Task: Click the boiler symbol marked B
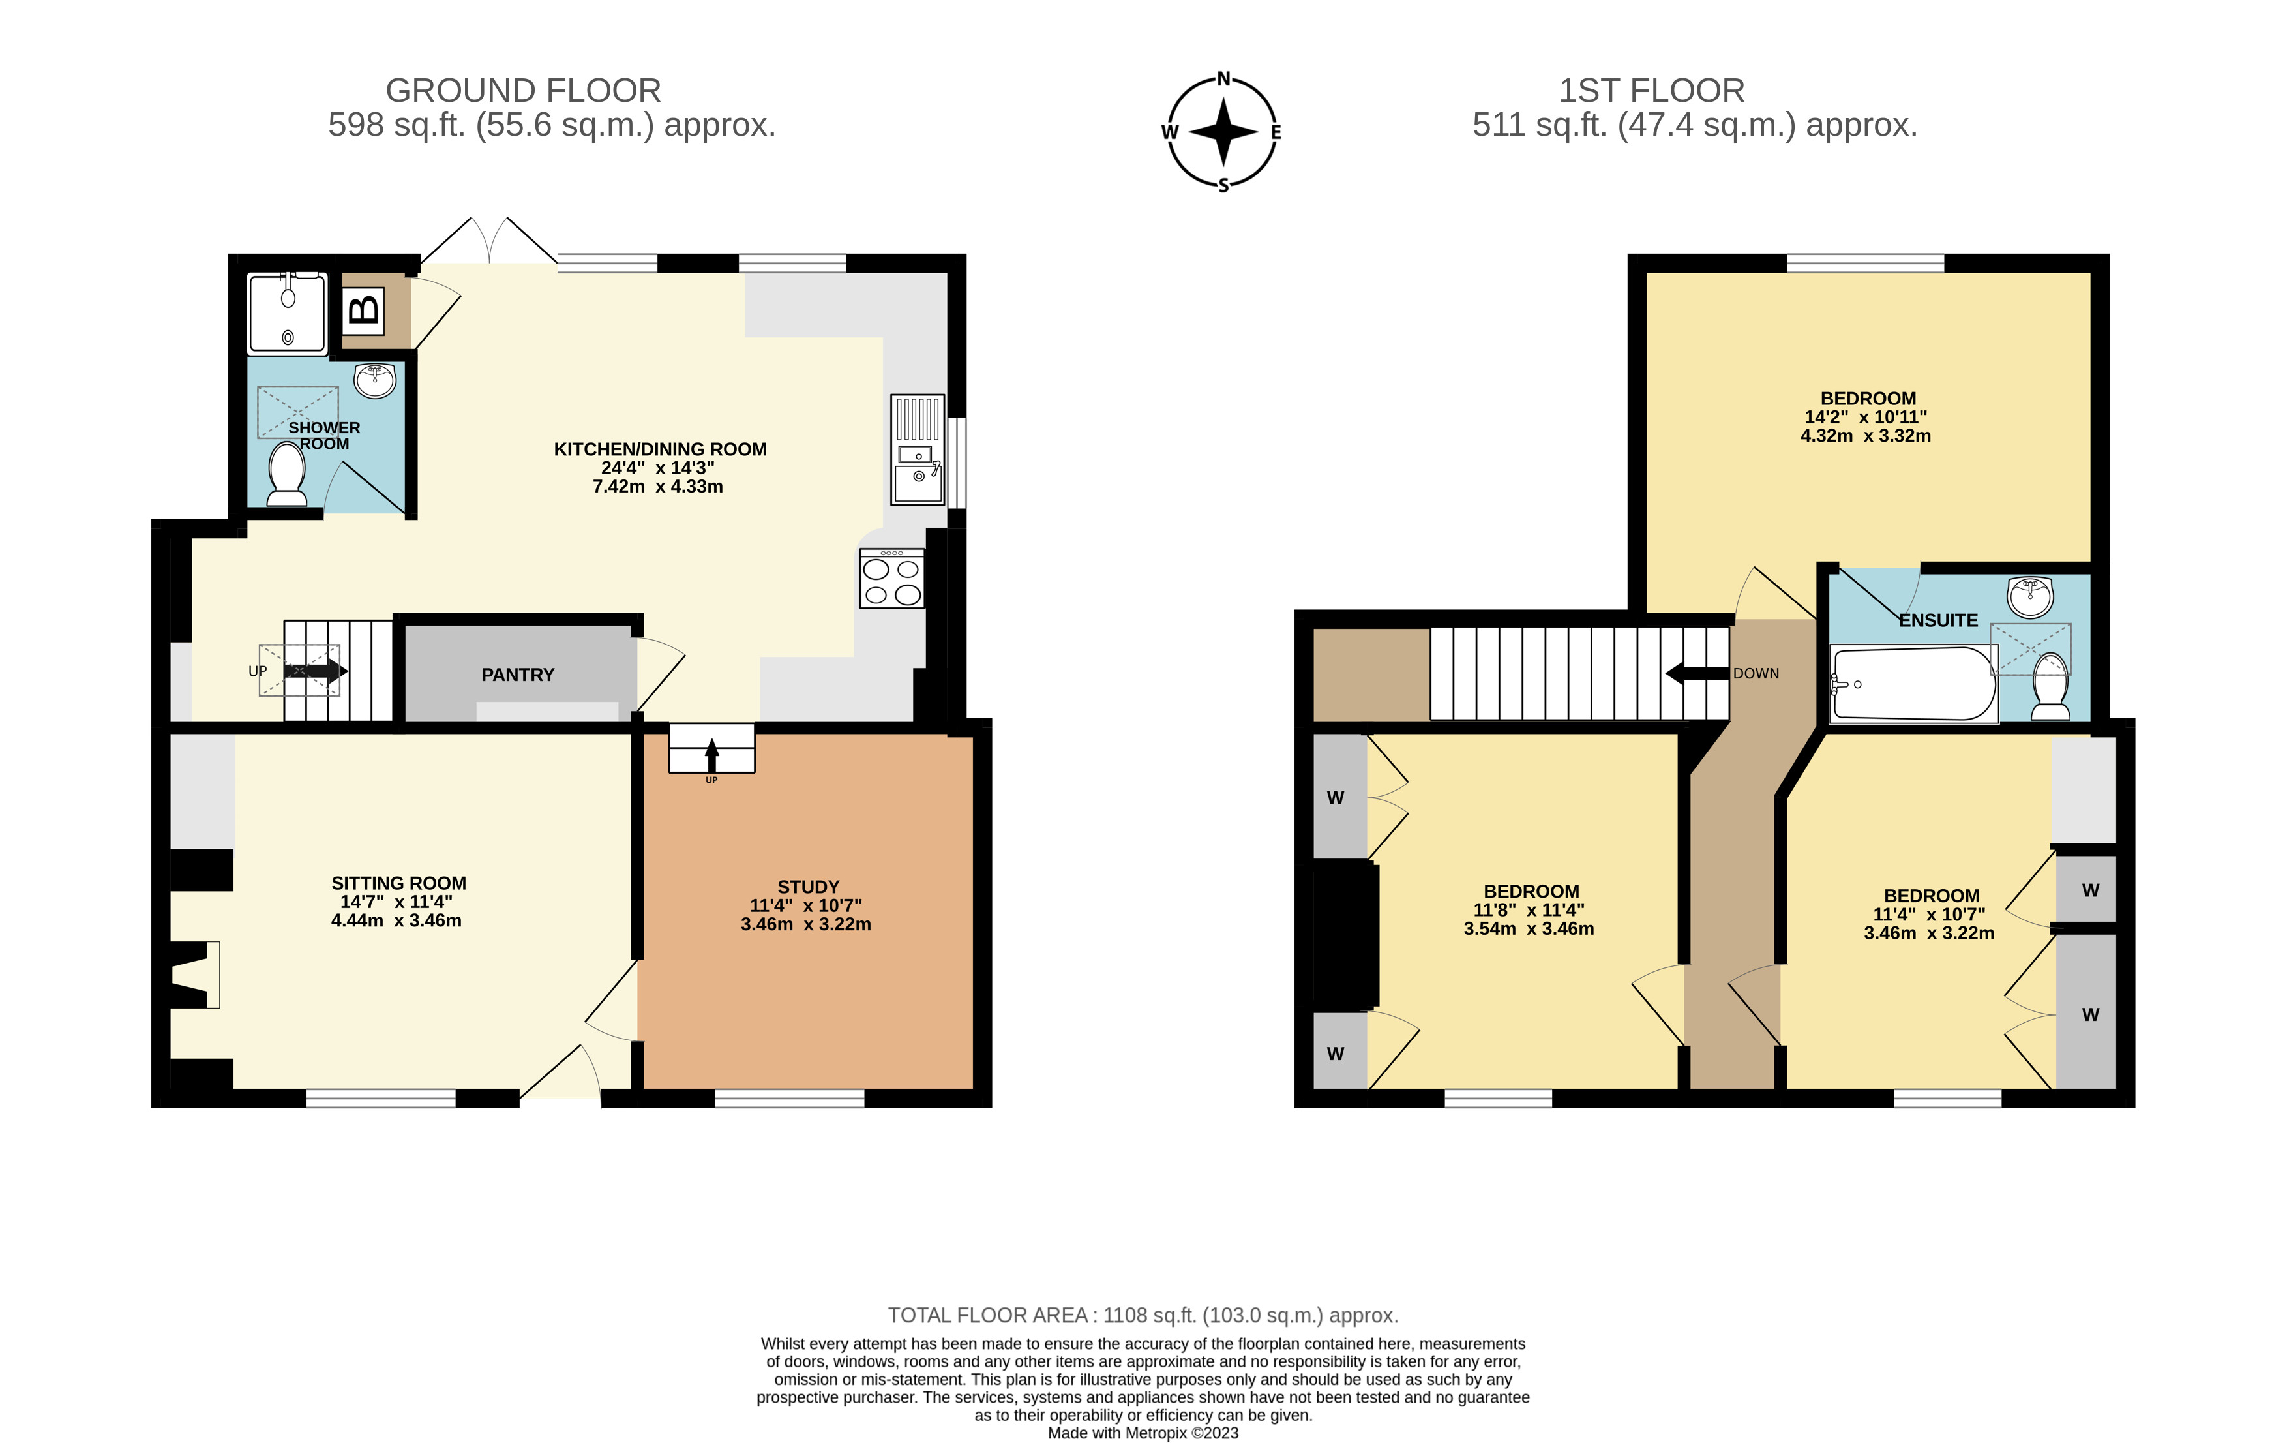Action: click(x=364, y=310)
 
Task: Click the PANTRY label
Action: click(x=518, y=675)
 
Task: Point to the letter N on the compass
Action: click(x=1223, y=79)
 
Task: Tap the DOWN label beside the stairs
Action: click(x=1756, y=673)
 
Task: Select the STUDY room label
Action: click(x=808, y=887)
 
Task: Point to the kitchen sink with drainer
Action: click(x=918, y=449)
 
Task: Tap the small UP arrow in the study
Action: click(x=711, y=757)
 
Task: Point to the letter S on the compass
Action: click(x=1223, y=186)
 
